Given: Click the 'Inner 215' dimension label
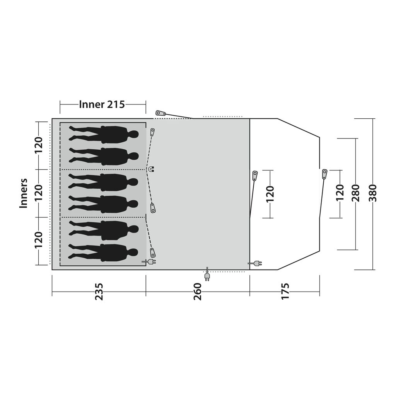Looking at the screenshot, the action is coord(102,104).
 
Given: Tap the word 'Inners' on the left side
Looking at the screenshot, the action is coord(24,193).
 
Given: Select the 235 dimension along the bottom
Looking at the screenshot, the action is coord(99,292).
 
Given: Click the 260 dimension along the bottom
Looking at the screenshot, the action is coord(198,292).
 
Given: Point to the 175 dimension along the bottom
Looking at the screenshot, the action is coord(285,292).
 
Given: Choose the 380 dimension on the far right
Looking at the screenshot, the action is coord(373,193).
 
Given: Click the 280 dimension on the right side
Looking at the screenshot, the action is coord(356,193).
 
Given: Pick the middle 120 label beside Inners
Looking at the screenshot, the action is coord(39,193).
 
